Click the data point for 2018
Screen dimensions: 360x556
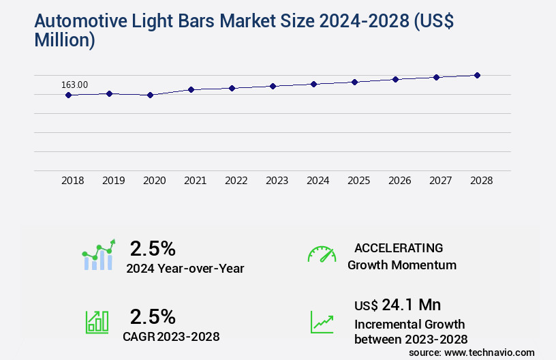point(68,95)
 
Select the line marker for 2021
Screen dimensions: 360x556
point(191,89)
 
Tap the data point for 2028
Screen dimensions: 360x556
point(477,75)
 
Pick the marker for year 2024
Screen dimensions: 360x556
point(313,84)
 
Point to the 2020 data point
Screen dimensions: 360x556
point(150,95)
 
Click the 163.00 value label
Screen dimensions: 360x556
point(74,85)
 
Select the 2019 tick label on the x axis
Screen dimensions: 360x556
point(114,181)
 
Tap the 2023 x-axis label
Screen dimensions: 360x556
point(277,181)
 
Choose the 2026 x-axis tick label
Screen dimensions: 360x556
point(400,181)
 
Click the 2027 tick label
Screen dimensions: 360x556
point(441,181)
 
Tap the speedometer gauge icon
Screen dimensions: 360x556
point(322,254)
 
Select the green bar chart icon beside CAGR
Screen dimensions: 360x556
point(97,322)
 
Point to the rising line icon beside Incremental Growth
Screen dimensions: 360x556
point(322,322)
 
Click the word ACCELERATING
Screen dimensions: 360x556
point(399,248)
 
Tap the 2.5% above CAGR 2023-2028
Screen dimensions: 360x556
point(153,316)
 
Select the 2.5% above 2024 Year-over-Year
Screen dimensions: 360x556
point(153,247)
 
